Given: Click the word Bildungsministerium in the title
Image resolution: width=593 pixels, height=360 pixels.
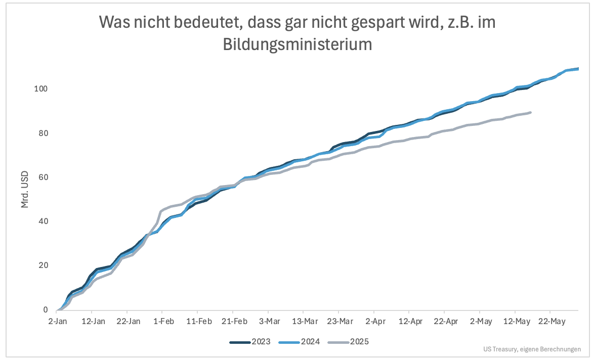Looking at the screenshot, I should tap(298, 44).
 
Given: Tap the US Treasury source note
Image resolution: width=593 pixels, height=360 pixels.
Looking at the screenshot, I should tap(532, 349).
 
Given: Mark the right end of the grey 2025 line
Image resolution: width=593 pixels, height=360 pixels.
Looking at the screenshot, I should tap(530, 112).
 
